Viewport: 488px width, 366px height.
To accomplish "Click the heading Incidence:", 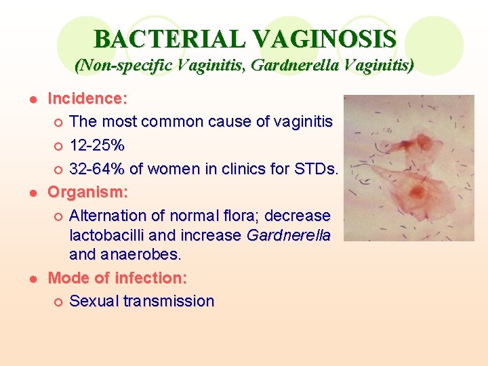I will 87,98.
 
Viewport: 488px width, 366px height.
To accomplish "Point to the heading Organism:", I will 87,192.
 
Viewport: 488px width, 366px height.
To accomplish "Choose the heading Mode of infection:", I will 118,277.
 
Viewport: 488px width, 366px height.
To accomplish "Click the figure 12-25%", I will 97,146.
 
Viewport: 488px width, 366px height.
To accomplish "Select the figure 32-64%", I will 97,169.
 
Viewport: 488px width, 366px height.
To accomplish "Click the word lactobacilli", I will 110,235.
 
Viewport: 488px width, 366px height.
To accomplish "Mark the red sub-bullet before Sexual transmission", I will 58,302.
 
